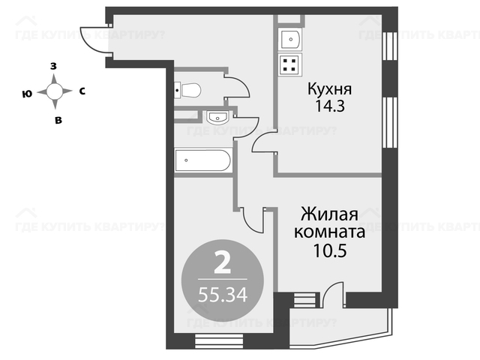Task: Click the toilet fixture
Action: [187, 90]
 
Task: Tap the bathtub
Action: [202, 160]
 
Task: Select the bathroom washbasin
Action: [217, 118]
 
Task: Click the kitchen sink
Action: [290, 39]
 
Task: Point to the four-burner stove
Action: [290, 64]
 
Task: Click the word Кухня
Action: [329, 89]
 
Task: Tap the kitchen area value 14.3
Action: [330, 106]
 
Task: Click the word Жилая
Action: [329, 214]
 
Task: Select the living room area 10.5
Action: [330, 250]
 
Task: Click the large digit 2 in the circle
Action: [222, 262]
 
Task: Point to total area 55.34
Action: [223, 295]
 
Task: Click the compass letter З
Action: [53, 66]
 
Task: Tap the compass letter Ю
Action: [27, 94]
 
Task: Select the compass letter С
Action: [82, 91]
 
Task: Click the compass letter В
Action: [58, 120]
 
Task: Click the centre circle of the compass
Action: [55, 91]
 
